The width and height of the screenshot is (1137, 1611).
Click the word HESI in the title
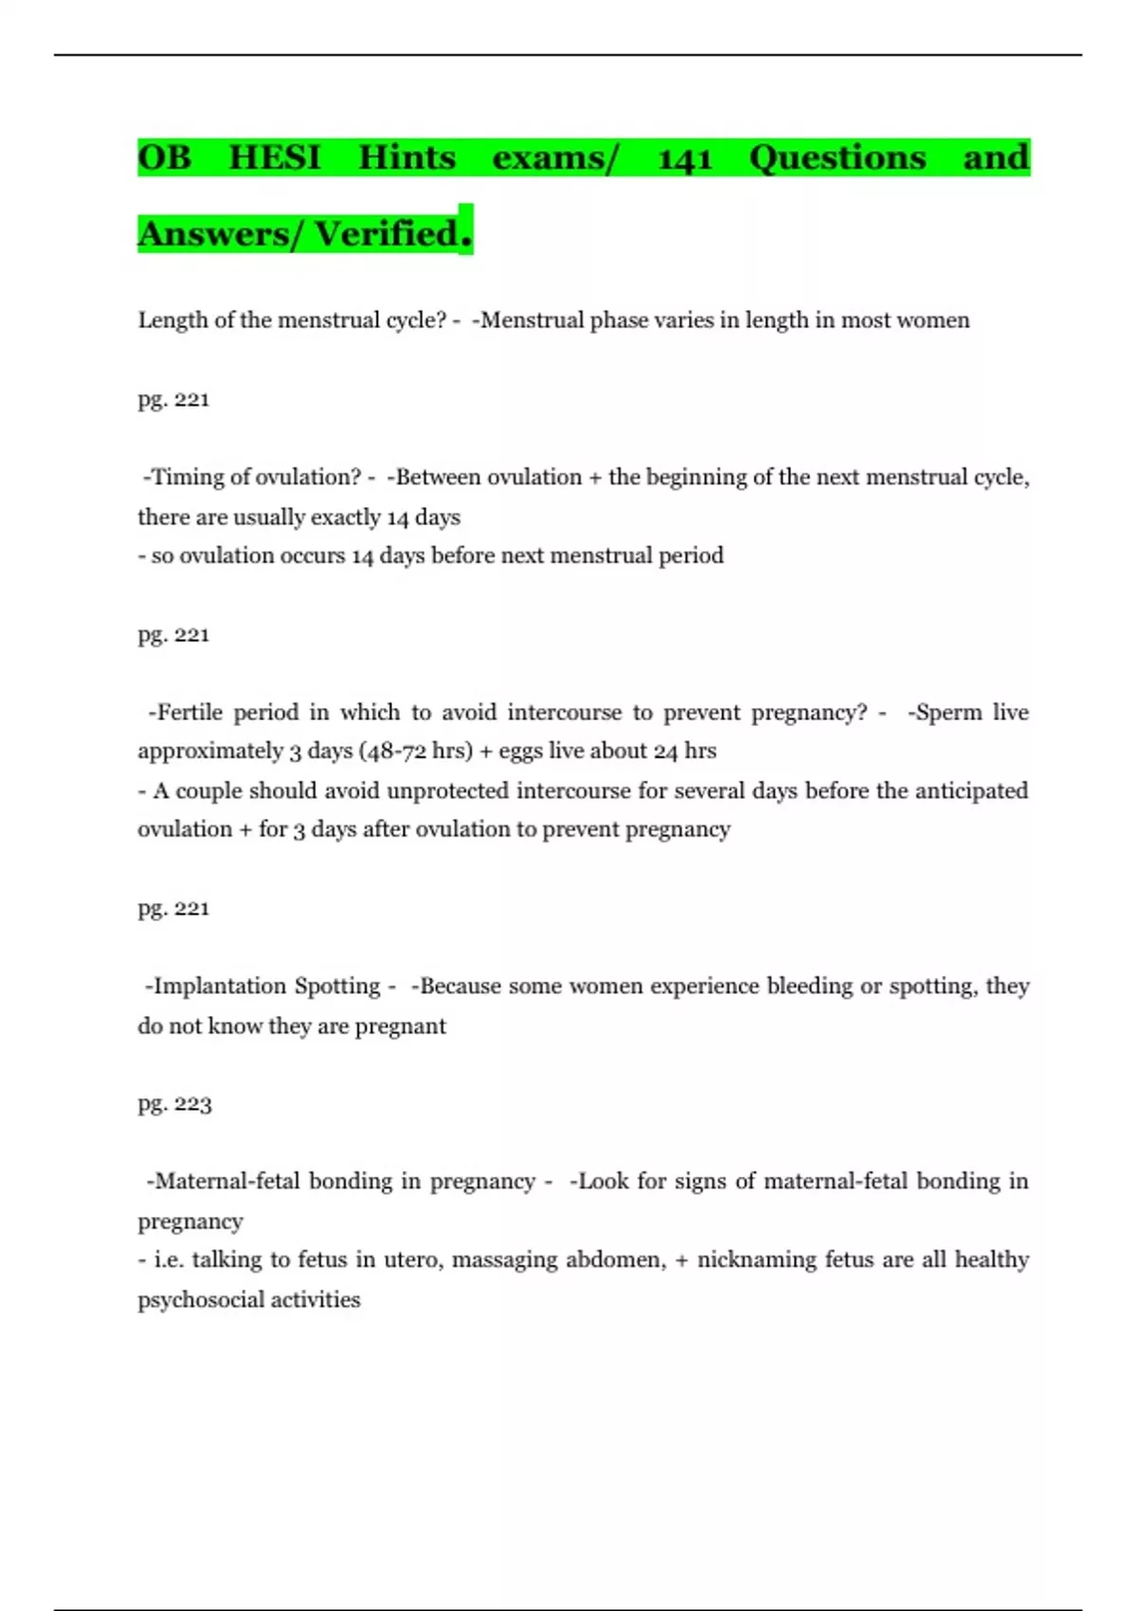point(275,157)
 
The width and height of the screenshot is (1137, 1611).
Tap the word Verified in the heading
point(387,234)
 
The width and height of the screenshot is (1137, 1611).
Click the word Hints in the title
point(406,157)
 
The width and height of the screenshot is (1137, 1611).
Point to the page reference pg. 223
point(174,1104)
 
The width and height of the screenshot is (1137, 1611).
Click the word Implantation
point(219,987)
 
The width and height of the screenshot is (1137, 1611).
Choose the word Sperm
point(947,713)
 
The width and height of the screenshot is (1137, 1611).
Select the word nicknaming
point(756,1260)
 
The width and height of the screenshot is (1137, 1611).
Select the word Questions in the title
point(837,157)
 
